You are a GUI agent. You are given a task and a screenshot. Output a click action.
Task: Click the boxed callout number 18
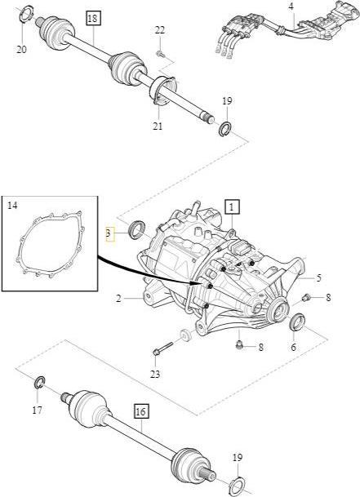click(x=92, y=19)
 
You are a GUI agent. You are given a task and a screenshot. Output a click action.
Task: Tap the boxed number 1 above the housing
click(x=232, y=207)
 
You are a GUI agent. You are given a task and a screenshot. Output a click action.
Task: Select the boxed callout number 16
click(x=141, y=411)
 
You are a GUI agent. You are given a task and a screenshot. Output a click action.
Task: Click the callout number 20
click(x=21, y=50)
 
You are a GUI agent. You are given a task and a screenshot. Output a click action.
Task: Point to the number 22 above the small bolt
click(x=160, y=30)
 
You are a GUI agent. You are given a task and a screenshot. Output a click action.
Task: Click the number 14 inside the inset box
click(x=12, y=206)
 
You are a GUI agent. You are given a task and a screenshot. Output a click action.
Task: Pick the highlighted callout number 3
click(x=109, y=234)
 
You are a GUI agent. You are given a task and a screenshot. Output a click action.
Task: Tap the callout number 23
click(x=155, y=375)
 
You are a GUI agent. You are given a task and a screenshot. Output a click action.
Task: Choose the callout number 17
click(x=37, y=410)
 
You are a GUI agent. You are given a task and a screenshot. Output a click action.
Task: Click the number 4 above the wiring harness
click(x=291, y=7)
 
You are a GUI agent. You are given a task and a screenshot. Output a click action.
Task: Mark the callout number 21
click(x=158, y=126)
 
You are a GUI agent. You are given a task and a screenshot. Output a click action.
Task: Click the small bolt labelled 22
click(x=161, y=55)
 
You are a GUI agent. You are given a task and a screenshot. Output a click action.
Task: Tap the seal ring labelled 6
click(x=298, y=322)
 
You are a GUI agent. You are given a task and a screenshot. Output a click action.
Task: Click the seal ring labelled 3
click(x=136, y=229)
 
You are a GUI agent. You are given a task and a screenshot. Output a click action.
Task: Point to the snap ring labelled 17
click(x=40, y=382)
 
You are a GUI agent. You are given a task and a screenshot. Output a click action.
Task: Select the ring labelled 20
click(x=26, y=14)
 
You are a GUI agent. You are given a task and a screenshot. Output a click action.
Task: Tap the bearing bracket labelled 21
click(x=162, y=90)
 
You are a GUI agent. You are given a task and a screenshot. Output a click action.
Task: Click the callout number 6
click(x=293, y=347)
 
